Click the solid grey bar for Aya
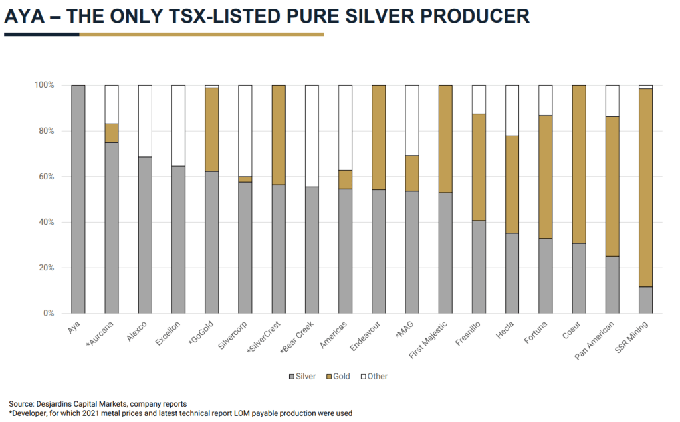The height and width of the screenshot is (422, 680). (x=78, y=199)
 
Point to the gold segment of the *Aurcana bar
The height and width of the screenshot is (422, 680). (x=112, y=133)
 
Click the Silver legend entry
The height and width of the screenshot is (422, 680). (x=302, y=377)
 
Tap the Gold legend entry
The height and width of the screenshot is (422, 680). (x=337, y=377)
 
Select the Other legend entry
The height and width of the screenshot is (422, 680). (x=373, y=377)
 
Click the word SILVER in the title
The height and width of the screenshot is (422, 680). (x=371, y=17)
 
